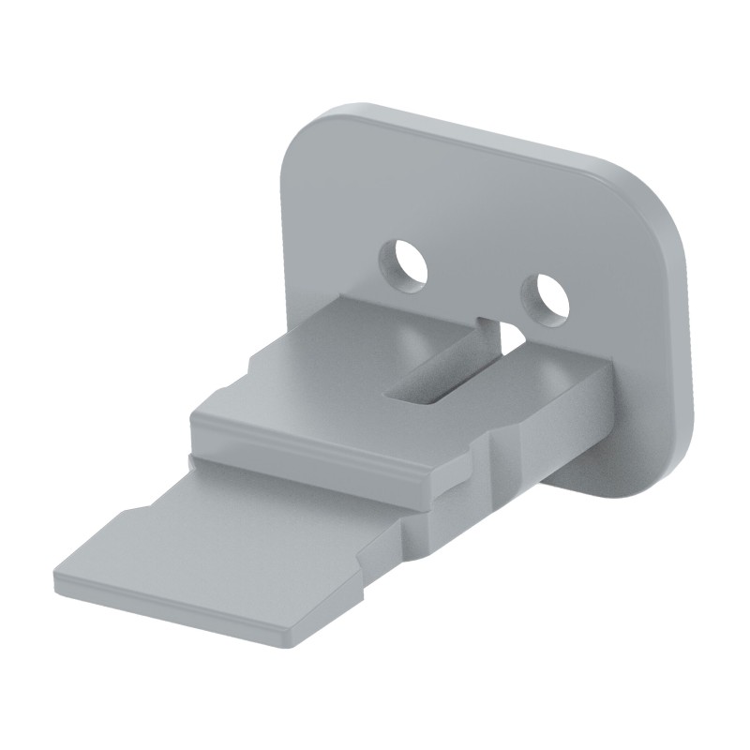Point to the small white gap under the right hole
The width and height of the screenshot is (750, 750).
[x=512, y=334]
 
